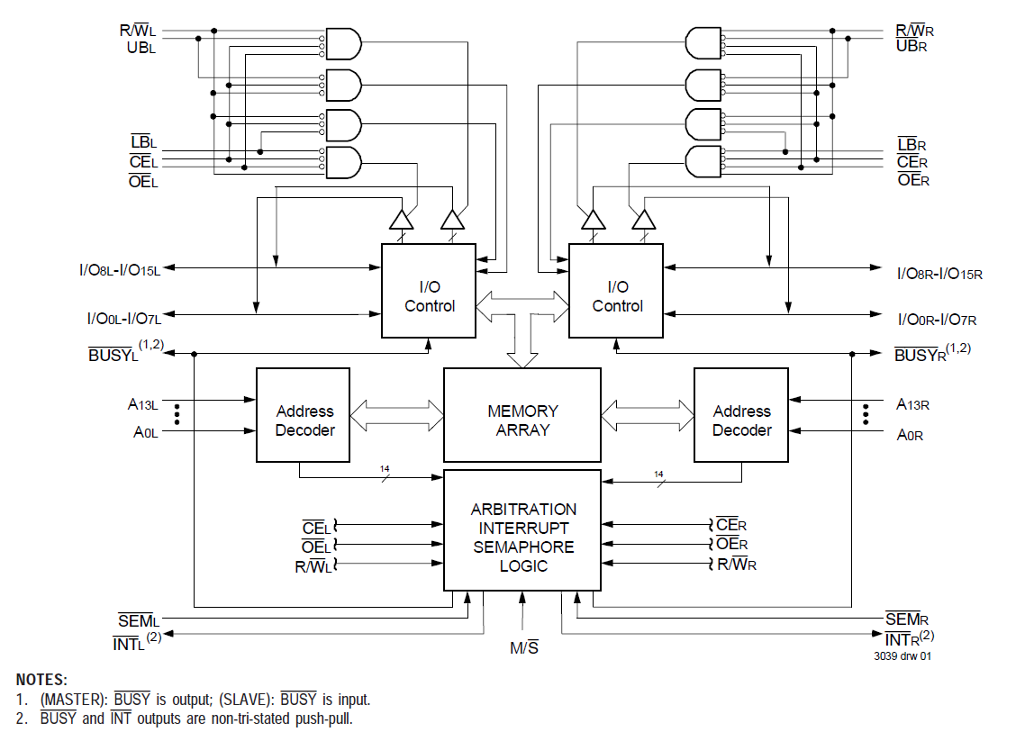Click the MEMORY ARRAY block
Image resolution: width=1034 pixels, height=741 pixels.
click(x=522, y=420)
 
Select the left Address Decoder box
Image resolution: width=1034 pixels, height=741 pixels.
click(x=304, y=420)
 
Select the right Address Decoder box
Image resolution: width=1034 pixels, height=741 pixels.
click(x=741, y=420)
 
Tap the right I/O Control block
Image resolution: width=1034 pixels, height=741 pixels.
click(x=617, y=296)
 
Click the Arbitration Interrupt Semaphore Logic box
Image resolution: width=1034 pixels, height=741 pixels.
click(x=522, y=537)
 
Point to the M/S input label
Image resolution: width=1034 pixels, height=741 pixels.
click(x=523, y=647)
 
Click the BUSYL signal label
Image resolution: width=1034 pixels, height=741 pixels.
click(x=114, y=355)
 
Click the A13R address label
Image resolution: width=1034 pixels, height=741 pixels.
click(x=912, y=404)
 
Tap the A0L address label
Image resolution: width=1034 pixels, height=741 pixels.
click(x=146, y=433)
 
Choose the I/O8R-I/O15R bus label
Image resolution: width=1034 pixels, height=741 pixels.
click(x=939, y=273)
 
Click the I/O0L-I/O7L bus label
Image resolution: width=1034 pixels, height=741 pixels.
click(x=122, y=318)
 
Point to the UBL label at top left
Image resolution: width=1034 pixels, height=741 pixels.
click(x=141, y=47)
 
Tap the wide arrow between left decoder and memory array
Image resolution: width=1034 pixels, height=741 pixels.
click(x=397, y=415)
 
